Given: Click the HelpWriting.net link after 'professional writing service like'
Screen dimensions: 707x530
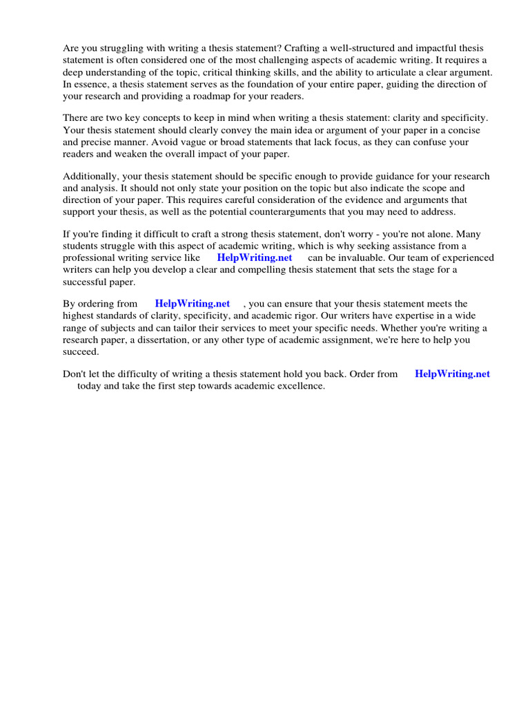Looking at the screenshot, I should point(255,258).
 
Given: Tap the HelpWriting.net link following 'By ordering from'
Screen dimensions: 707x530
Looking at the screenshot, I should point(193,303).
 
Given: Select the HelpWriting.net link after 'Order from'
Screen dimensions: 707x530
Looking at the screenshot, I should point(452,374).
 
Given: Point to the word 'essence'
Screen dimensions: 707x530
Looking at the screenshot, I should point(92,84).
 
